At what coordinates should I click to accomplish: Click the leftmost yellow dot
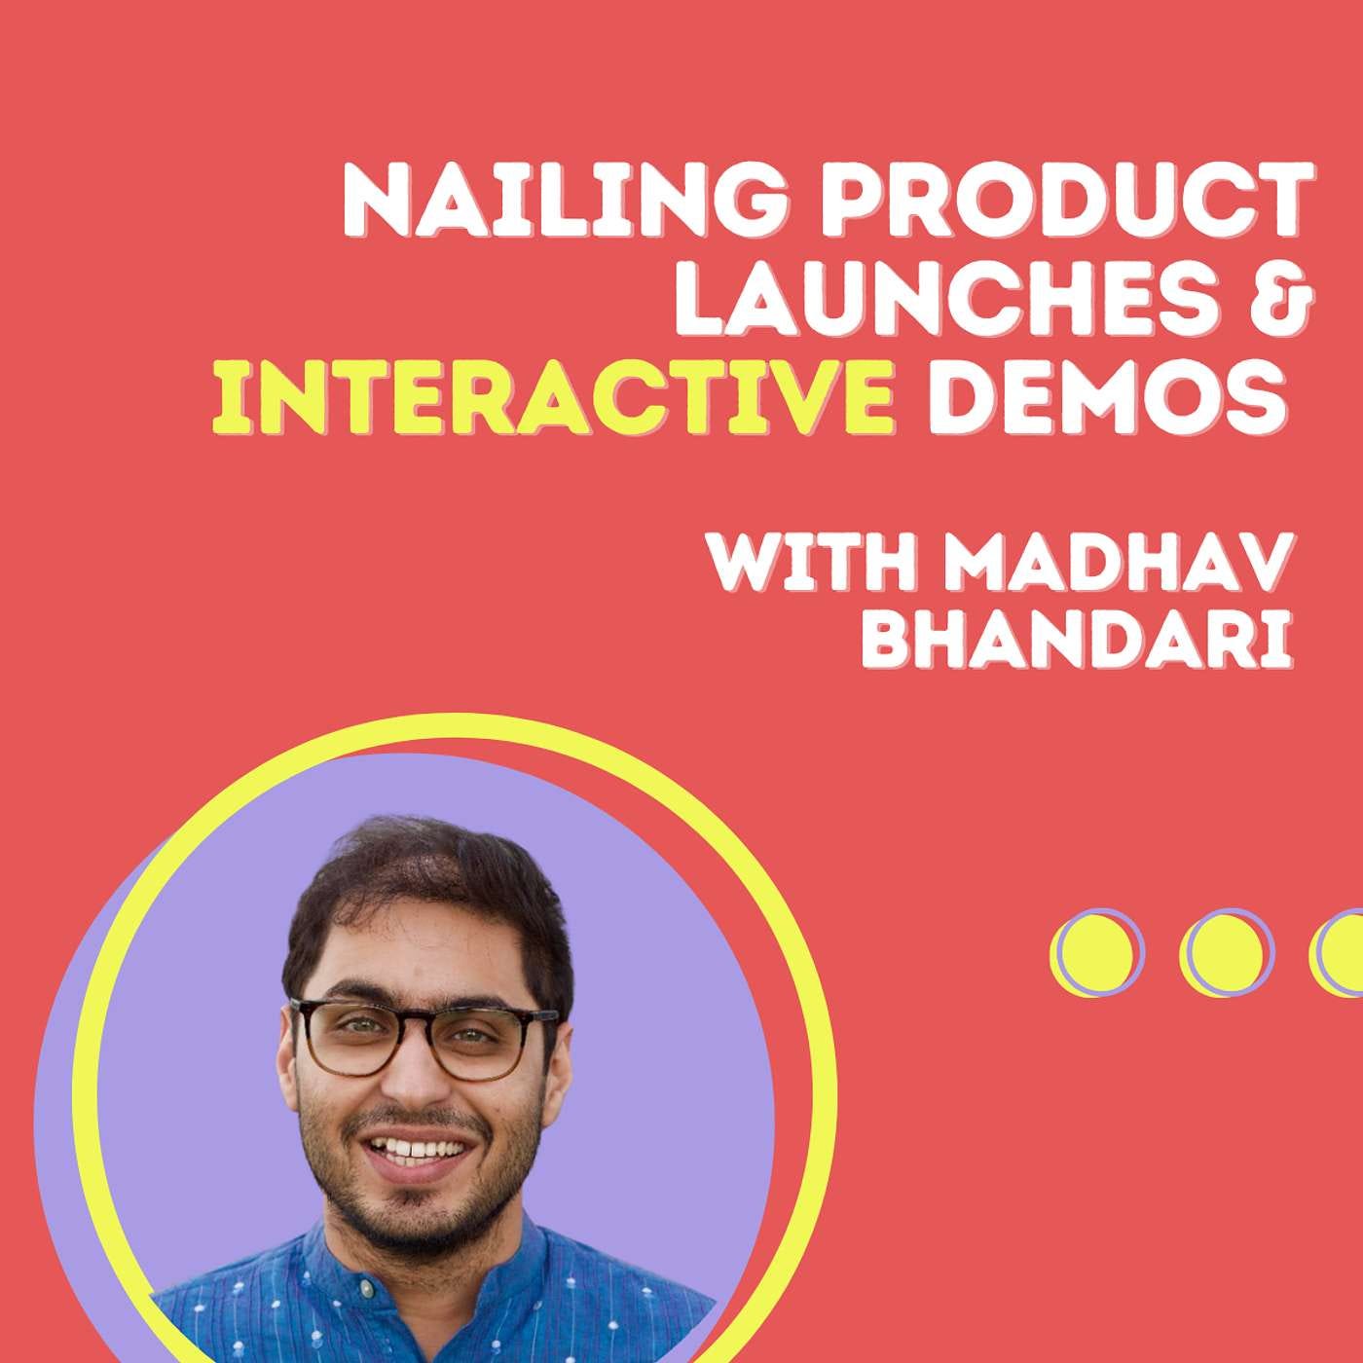tap(1091, 949)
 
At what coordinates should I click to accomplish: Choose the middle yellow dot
tap(1222, 949)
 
